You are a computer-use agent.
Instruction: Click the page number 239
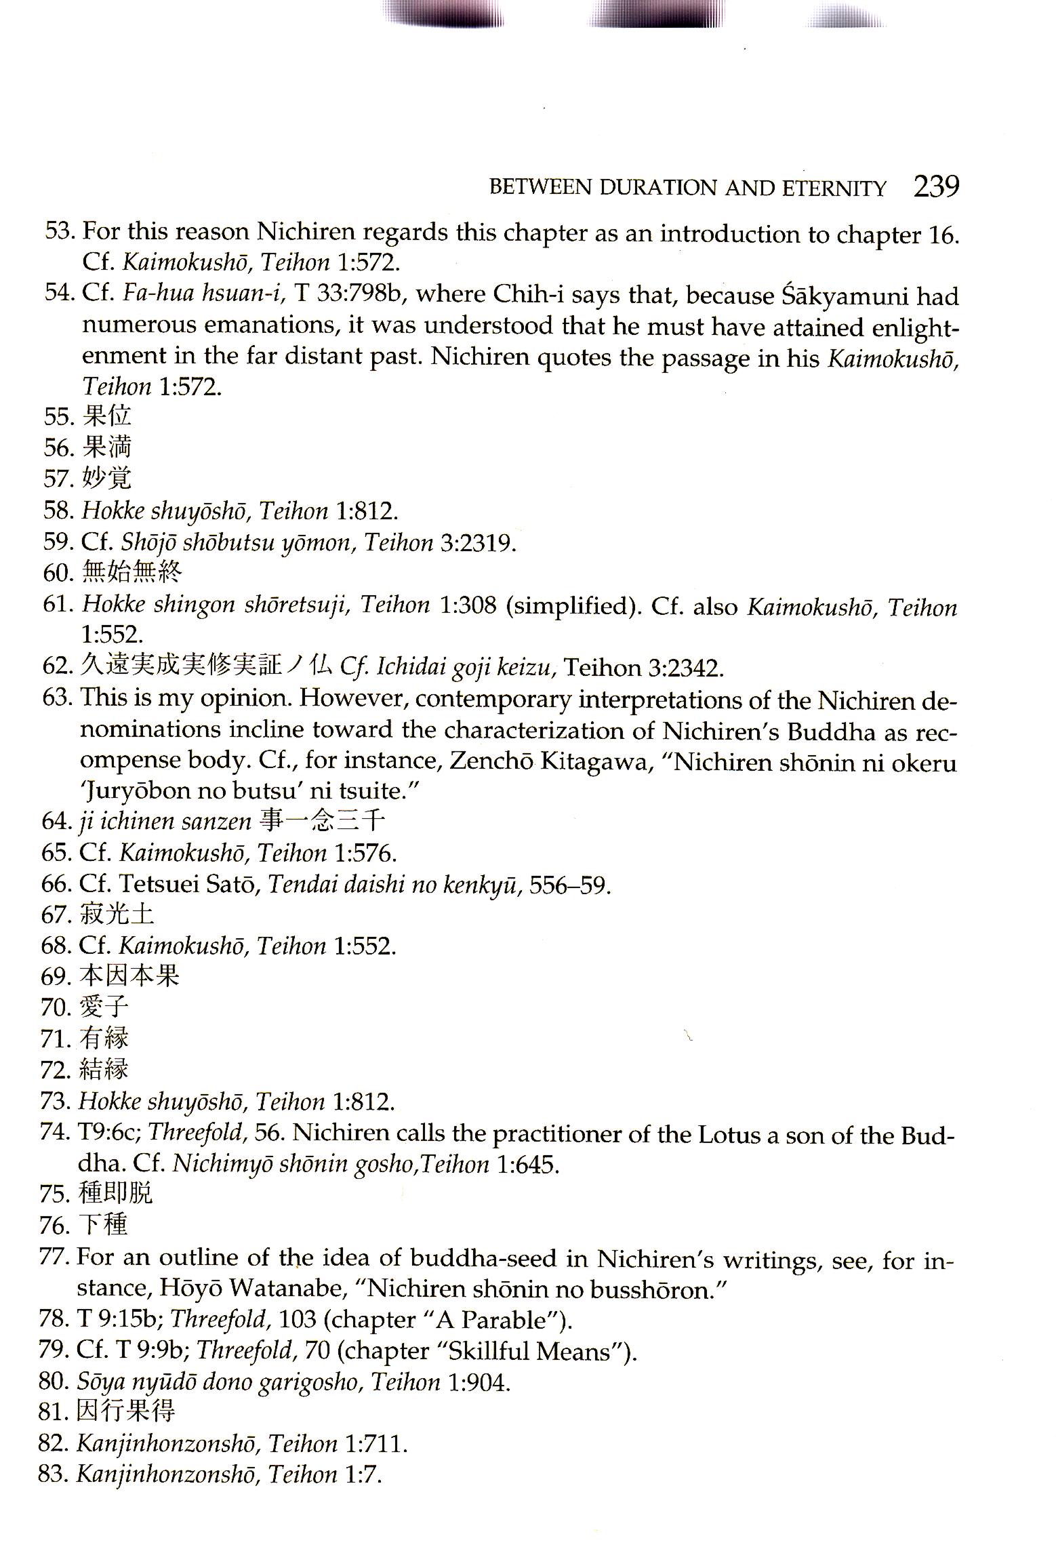pos(936,186)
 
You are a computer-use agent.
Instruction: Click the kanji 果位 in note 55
pos(106,416)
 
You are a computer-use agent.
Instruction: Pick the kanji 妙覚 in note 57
pos(106,478)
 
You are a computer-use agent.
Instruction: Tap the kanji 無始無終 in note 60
pos(131,573)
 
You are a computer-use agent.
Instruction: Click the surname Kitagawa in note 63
pos(596,763)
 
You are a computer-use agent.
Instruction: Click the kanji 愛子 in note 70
pos(104,1007)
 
